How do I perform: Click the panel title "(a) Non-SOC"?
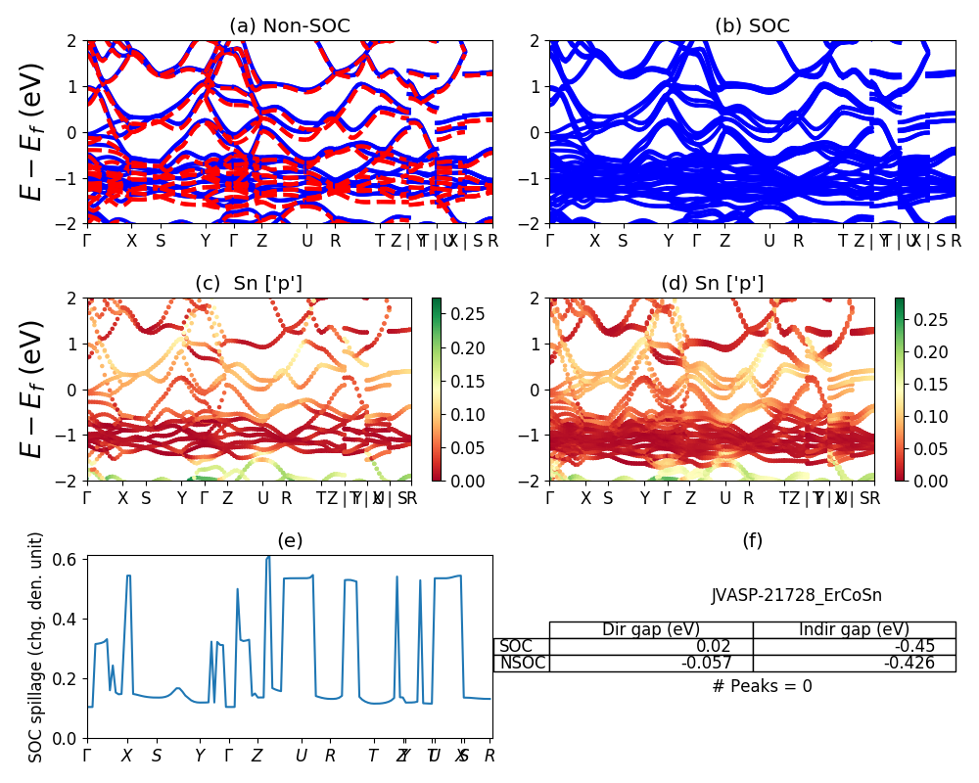pos(289,26)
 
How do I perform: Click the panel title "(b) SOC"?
pos(752,26)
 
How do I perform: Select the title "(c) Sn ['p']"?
pos(249,284)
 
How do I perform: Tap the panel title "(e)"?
pos(289,541)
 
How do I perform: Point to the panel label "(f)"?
pos(752,541)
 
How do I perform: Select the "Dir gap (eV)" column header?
pos(651,629)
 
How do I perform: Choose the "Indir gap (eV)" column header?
pos(854,629)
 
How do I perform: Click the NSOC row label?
pos(522,664)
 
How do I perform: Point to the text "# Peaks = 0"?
pos(763,686)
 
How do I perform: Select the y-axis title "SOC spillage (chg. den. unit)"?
pos(36,647)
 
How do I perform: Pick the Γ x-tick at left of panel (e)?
pos(88,756)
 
